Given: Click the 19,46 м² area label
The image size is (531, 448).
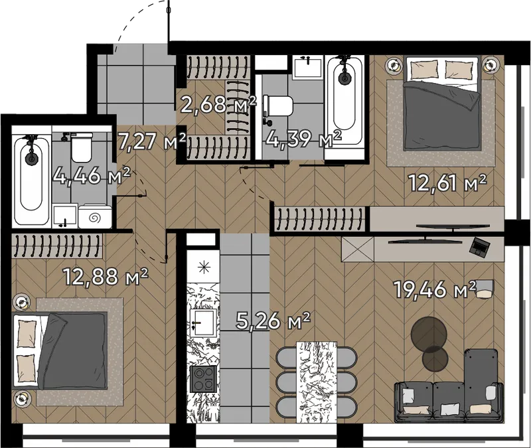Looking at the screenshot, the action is pos(435,290).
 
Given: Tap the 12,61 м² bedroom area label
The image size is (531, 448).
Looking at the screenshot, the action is pos(447,183).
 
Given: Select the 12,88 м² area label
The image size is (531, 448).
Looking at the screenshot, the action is pos(106,277).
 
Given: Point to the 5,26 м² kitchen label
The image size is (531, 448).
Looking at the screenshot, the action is pos(273,321).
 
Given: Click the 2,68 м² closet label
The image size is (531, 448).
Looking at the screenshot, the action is pos(218,104).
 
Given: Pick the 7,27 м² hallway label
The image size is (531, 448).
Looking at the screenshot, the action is pos(152,141).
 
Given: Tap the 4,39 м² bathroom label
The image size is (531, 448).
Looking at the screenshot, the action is pos(303,139).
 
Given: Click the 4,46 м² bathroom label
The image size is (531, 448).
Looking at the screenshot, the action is pos(92,176).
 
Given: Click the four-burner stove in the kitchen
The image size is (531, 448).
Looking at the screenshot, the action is pos(203,379).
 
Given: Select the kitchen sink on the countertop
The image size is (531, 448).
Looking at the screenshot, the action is pos(203,323).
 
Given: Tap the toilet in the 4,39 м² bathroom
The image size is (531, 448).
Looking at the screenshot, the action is pos(277,106).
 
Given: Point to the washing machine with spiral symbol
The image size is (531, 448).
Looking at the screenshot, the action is pos(95,216).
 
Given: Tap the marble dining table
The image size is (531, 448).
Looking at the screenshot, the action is pos(317,382).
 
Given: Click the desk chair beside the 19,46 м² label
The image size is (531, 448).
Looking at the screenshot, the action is pos(486,289).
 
